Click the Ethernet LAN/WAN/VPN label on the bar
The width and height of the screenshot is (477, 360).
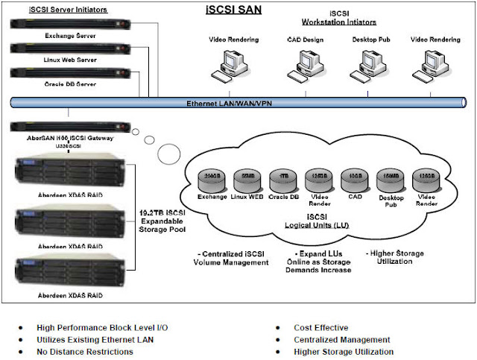coord(230,103)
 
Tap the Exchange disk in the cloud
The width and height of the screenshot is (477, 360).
coord(212,179)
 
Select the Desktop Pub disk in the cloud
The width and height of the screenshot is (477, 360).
coord(389,180)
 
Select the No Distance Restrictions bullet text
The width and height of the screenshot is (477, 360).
coord(85,352)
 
